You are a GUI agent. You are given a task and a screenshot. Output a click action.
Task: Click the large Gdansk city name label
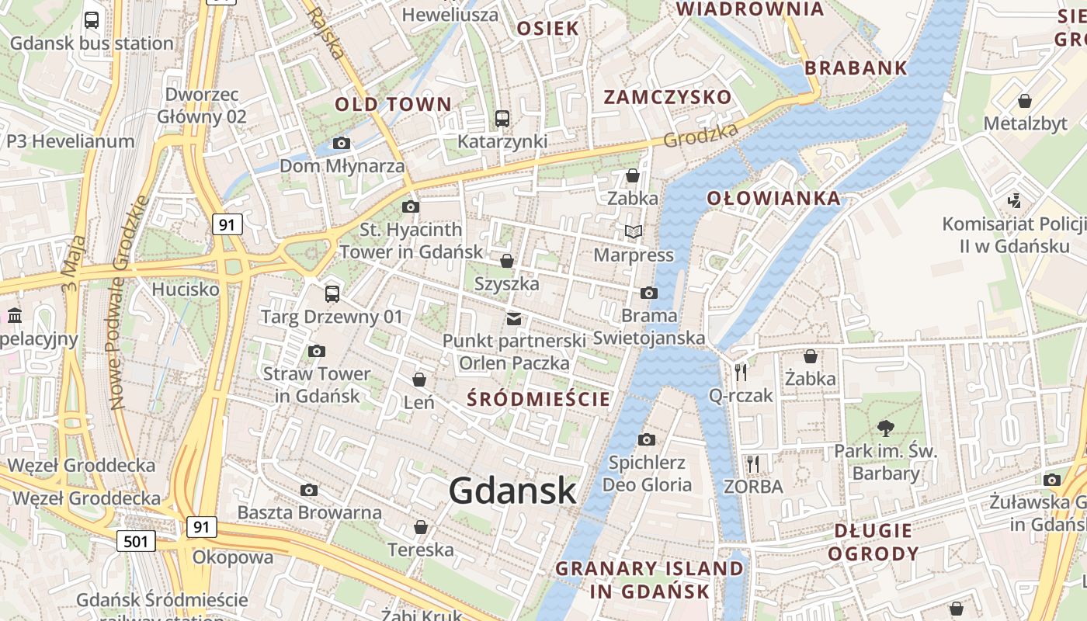512,491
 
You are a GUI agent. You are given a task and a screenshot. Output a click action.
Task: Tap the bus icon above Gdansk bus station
92,20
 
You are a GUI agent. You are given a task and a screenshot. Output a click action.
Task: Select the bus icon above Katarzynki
502,119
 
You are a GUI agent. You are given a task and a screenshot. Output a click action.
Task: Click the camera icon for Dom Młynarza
341,143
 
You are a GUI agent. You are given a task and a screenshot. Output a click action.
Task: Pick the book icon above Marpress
634,231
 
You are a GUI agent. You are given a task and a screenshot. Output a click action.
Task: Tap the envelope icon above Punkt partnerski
513,318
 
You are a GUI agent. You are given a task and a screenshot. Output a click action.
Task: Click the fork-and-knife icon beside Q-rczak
740,373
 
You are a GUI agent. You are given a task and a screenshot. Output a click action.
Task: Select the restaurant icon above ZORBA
752,464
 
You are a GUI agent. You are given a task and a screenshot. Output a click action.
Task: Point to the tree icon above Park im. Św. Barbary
885,428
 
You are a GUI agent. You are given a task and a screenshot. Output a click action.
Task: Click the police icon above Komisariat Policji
1013,201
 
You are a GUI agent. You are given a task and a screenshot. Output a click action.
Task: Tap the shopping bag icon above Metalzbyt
1025,101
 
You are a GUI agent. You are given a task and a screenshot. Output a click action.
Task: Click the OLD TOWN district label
393,104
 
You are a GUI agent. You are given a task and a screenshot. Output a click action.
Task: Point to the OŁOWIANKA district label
773,198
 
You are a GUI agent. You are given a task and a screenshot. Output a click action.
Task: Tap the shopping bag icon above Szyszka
507,261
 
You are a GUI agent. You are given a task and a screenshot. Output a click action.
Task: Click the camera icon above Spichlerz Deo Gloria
647,440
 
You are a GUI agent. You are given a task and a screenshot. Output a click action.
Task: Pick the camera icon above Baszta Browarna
309,491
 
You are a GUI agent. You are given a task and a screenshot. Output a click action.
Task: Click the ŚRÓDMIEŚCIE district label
538,399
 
